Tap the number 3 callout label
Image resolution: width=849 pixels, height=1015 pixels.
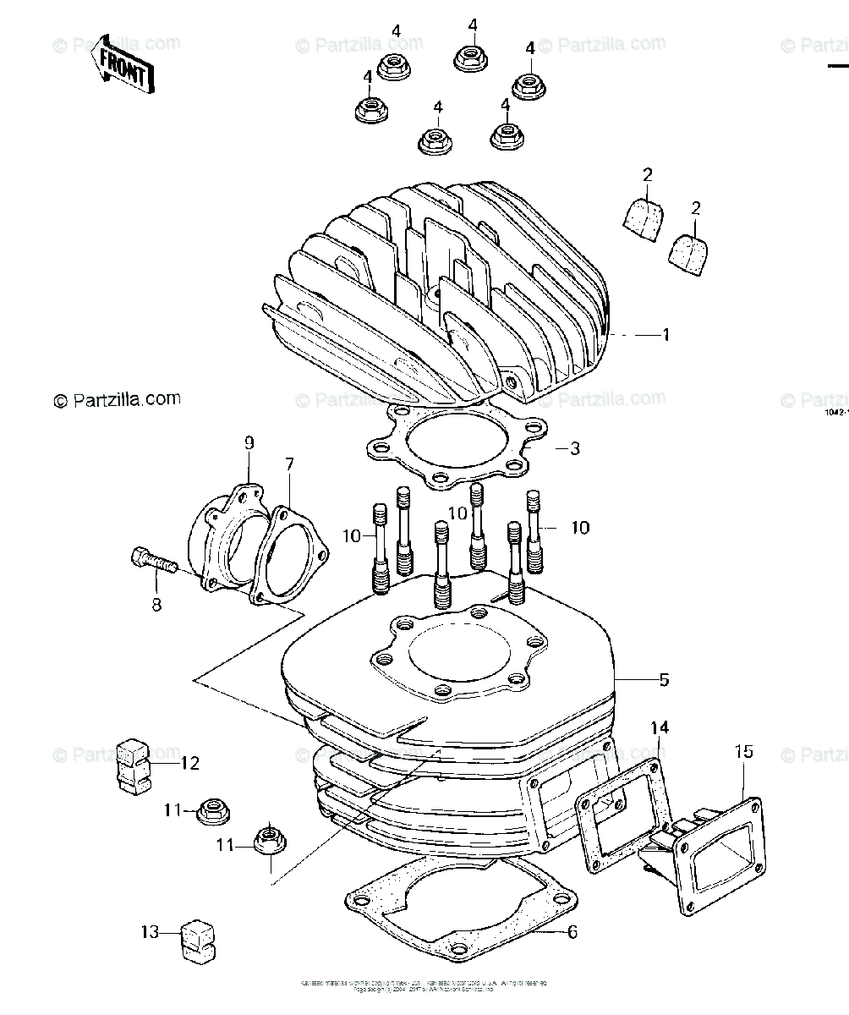[x=574, y=448]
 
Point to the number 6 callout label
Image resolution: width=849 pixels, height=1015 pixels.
[x=572, y=932]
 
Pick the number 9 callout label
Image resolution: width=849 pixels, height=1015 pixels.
[x=249, y=442]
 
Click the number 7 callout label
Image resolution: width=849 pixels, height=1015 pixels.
[x=289, y=464]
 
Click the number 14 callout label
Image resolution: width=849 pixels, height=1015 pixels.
[x=659, y=728]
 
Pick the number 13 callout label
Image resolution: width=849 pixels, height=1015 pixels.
[x=151, y=933]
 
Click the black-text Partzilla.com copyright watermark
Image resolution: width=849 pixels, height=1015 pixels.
[x=118, y=399]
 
